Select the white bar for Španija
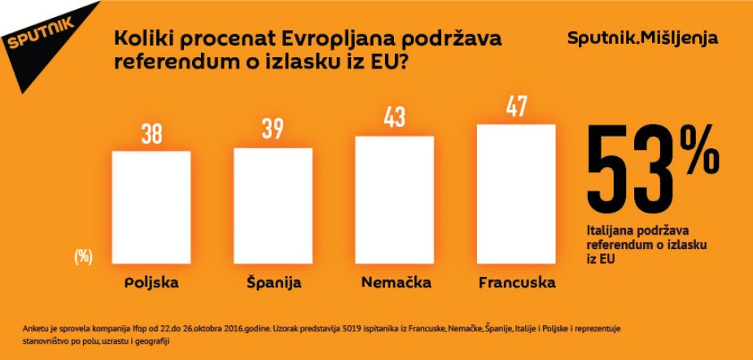tap(273, 209)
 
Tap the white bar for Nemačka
tap(395, 203)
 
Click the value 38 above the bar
tap(151, 135)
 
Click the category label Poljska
tap(151, 283)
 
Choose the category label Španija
tap(274, 283)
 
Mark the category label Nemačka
tap(395, 283)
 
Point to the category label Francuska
tap(517, 283)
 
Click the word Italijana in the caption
tap(612, 231)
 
